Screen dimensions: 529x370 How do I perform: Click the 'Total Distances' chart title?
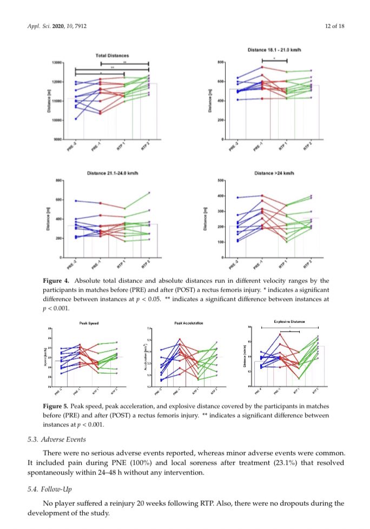[113, 56]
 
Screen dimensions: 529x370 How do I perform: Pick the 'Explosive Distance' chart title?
[289, 321]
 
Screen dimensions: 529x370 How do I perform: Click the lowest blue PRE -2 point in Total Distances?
[75, 119]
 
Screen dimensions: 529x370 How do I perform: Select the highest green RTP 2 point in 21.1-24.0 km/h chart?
[149, 193]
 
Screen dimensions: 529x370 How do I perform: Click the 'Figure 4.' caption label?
[56, 281]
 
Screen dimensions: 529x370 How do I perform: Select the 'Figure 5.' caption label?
[56, 405]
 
